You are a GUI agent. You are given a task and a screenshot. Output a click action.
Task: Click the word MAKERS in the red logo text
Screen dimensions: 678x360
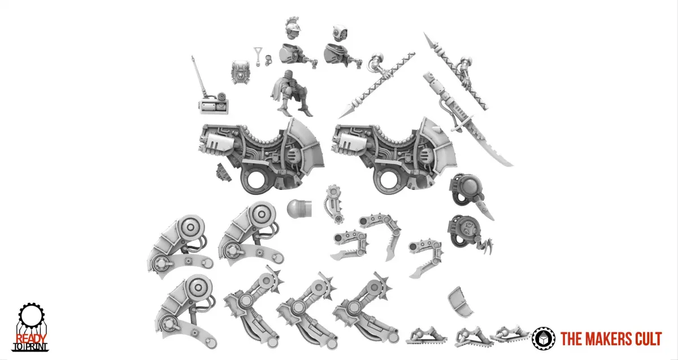(x=605, y=339)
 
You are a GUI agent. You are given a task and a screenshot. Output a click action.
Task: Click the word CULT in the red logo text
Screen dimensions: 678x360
(x=646, y=339)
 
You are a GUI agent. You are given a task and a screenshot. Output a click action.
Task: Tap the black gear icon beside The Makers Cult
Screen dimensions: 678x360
(x=544, y=339)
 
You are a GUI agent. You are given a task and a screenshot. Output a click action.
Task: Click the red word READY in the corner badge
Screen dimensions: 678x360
(x=31, y=339)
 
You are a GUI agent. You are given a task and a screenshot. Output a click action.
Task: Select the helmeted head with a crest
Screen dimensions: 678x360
(x=294, y=28)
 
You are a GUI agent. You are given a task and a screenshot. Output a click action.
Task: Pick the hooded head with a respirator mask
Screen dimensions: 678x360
(x=340, y=33)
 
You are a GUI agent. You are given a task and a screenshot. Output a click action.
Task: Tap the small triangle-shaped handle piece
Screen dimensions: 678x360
(x=258, y=56)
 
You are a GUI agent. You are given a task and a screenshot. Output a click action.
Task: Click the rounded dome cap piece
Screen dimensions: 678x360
(x=299, y=208)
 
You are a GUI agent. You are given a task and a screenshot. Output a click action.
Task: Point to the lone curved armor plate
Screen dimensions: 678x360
(x=460, y=302)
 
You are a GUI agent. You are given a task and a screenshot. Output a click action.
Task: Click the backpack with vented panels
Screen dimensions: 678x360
(x=240, y=73)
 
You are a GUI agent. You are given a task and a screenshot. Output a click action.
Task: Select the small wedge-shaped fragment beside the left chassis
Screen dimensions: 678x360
(x=223, y=172)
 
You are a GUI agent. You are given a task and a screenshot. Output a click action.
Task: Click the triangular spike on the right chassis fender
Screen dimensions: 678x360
(x=437, y=130)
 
